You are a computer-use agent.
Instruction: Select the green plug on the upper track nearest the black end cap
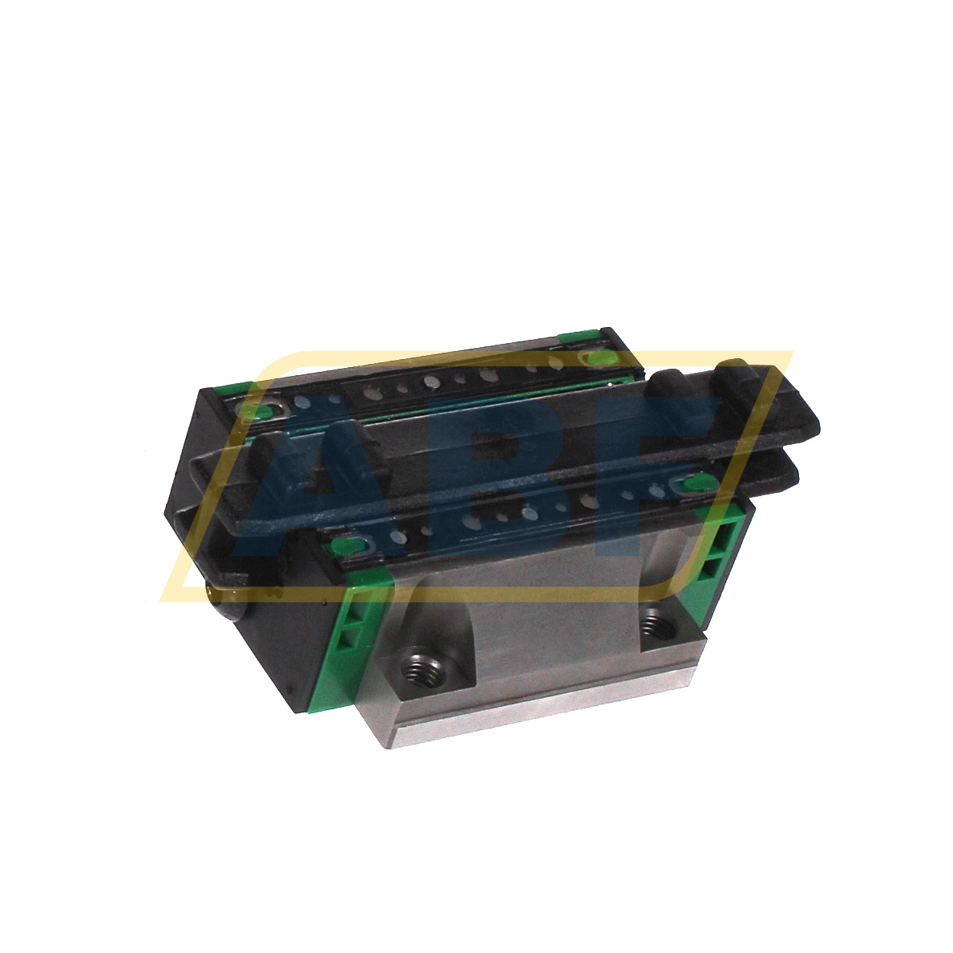pos(261,412)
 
